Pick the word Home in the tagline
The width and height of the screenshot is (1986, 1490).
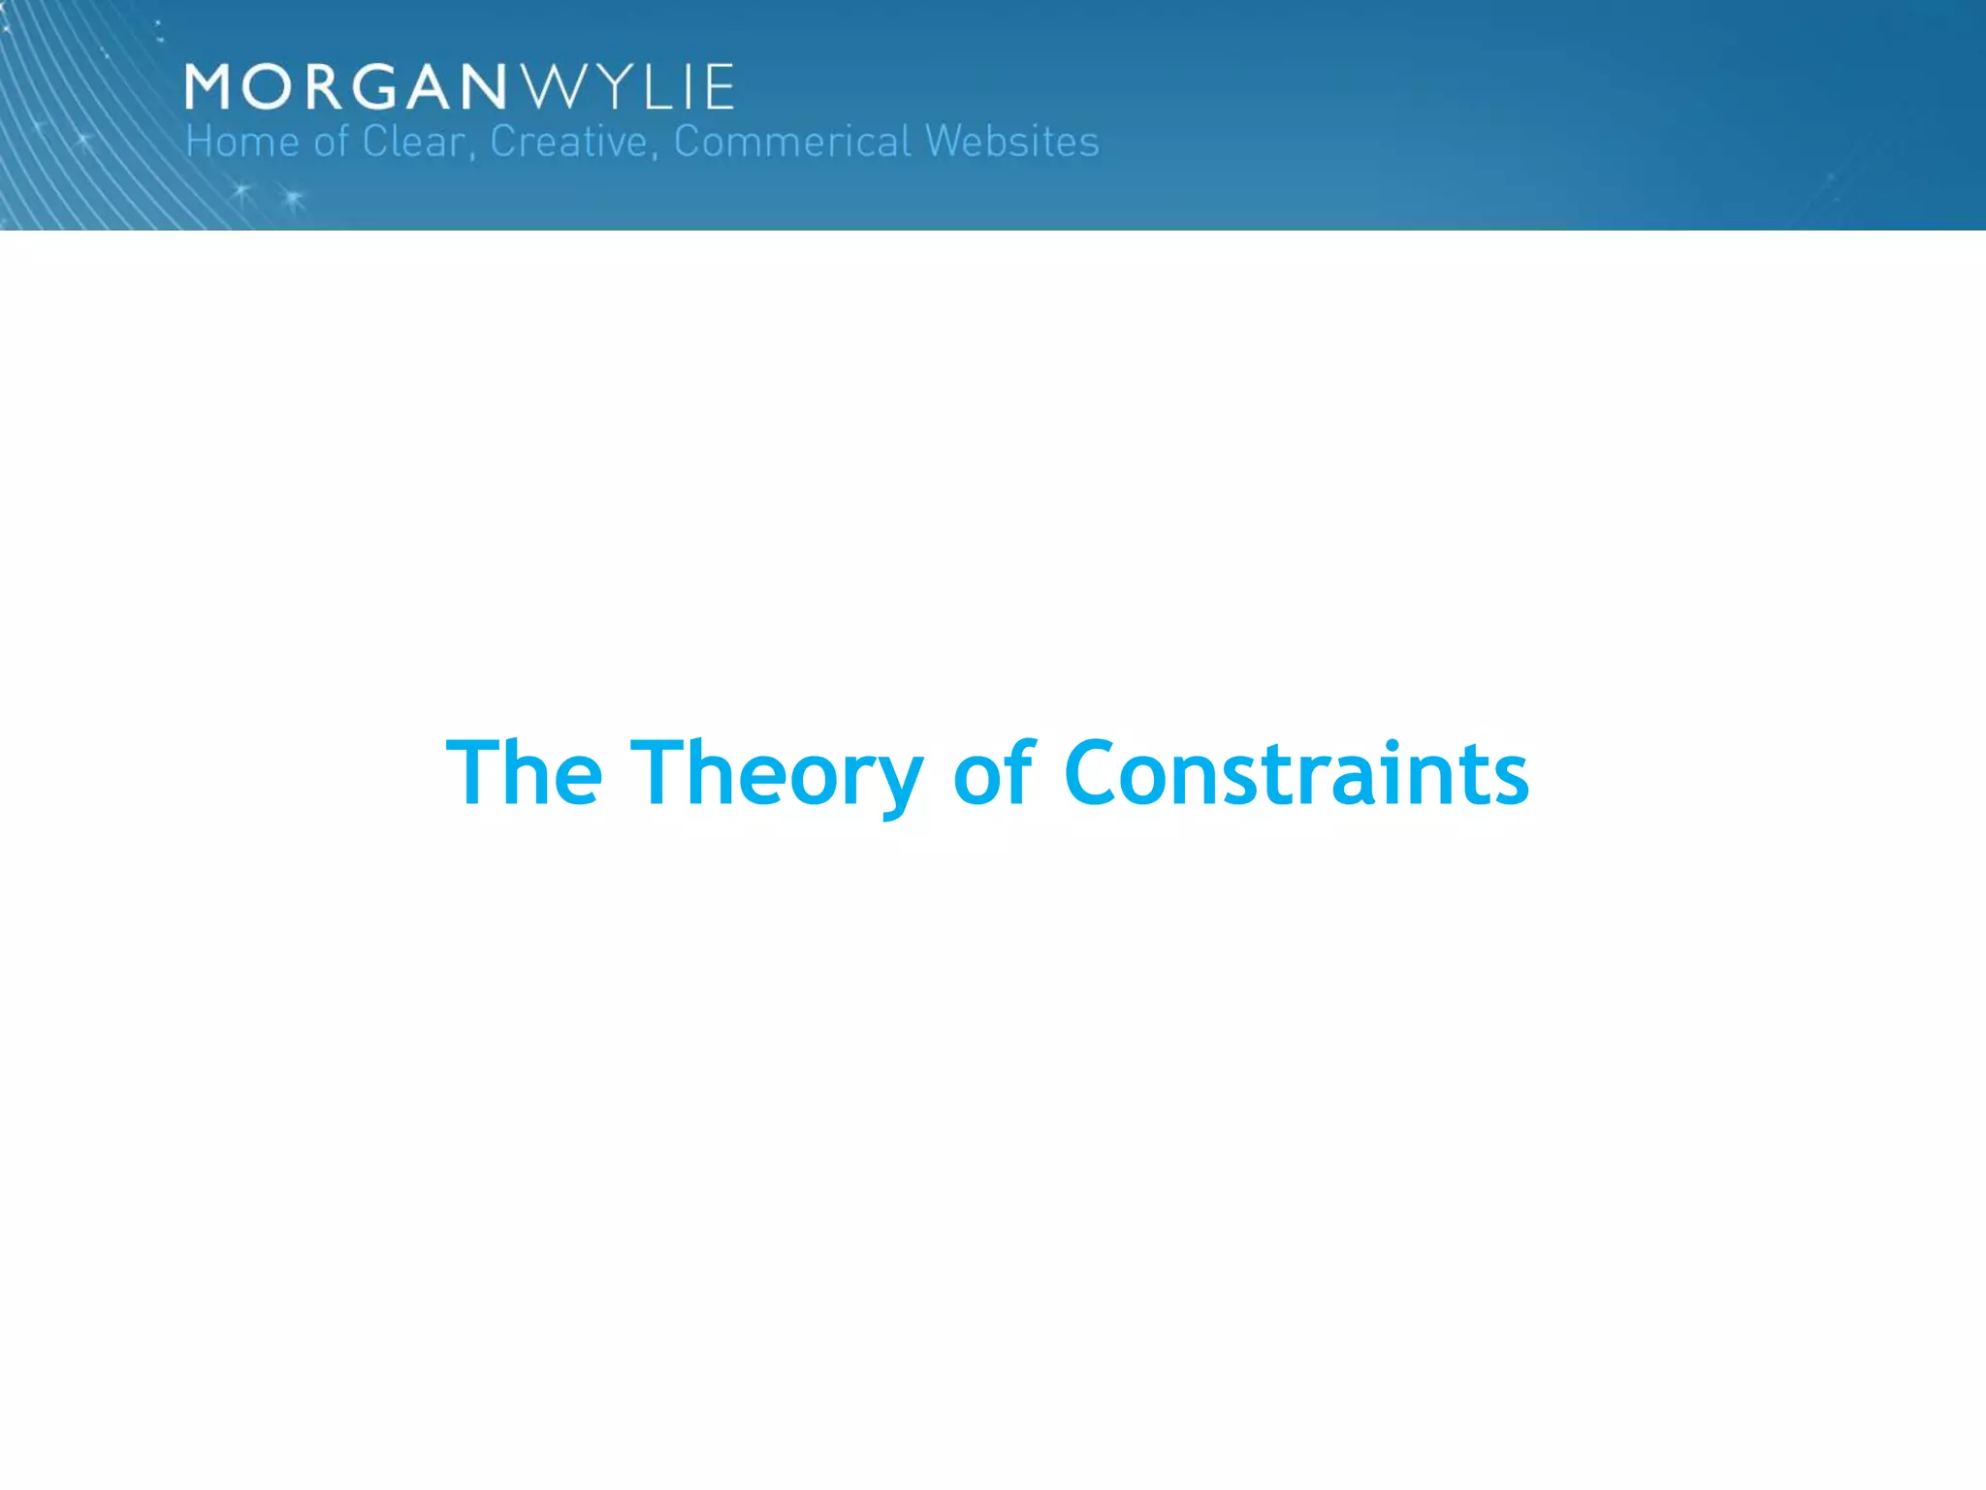[241, 142]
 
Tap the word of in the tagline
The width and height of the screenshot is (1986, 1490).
[331, 142]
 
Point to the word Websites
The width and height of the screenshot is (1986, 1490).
[1011, 142]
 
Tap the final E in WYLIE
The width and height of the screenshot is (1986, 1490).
[719, 87]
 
